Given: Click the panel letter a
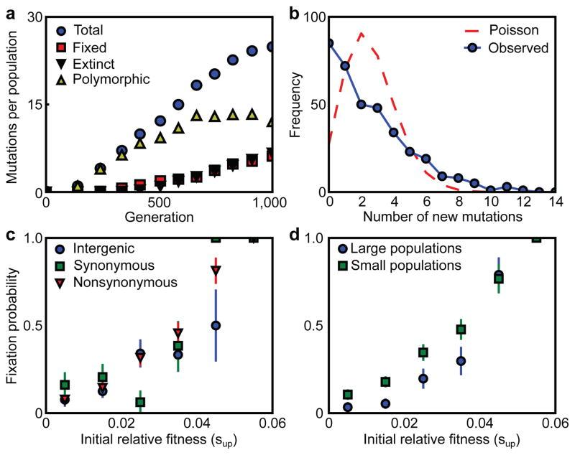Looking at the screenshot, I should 9,9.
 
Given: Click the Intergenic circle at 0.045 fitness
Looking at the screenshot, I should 215,325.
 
